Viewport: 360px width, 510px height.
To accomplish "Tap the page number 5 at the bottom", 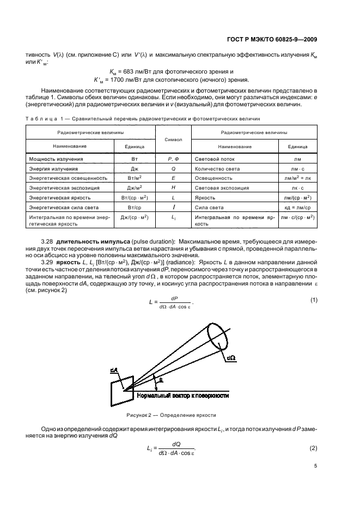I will point(315,466).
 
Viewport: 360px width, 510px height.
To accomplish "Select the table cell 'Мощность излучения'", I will point(56,159).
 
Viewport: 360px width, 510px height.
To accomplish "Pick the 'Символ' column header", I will point(173,140).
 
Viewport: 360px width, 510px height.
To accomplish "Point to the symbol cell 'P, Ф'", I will point(173,159).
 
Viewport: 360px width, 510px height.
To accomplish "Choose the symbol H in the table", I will point(173,187).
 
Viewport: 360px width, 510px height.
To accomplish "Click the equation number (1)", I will point(313,301).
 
